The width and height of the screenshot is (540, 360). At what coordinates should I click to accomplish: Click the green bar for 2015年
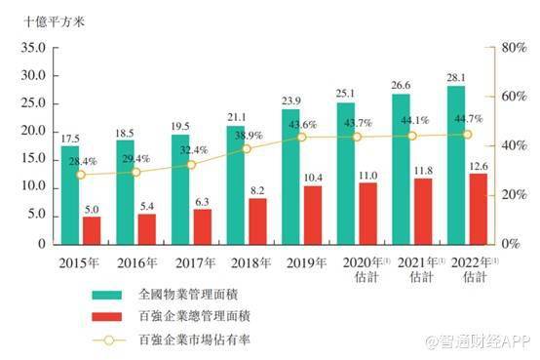pyautogui.click(x=70, y=195)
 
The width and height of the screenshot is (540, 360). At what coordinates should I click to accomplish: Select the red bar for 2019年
pyautogui.click(x=314, y=215)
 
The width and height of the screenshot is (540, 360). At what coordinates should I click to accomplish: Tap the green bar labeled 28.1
pyautogui.click(x=457, y=165)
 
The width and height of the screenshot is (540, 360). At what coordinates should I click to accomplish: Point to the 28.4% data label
pyautogui.click(x=83, y=162)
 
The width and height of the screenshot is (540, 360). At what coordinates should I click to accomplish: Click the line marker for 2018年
pyautogui.click(x=247, y=149)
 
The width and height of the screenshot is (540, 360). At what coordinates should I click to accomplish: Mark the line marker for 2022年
pyautogui.click(x=467, y=135)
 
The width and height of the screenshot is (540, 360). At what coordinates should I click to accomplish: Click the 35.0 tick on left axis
pyautogui.click(x=33, y=47)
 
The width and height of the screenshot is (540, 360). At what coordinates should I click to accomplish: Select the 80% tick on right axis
pyautogui.click(x=514, y=47)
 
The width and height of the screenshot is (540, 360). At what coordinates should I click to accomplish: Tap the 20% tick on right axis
pyautogui.click(x=514, y=194)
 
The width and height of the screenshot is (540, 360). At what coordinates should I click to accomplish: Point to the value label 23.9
pyautogui.click(x=291, y=101)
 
